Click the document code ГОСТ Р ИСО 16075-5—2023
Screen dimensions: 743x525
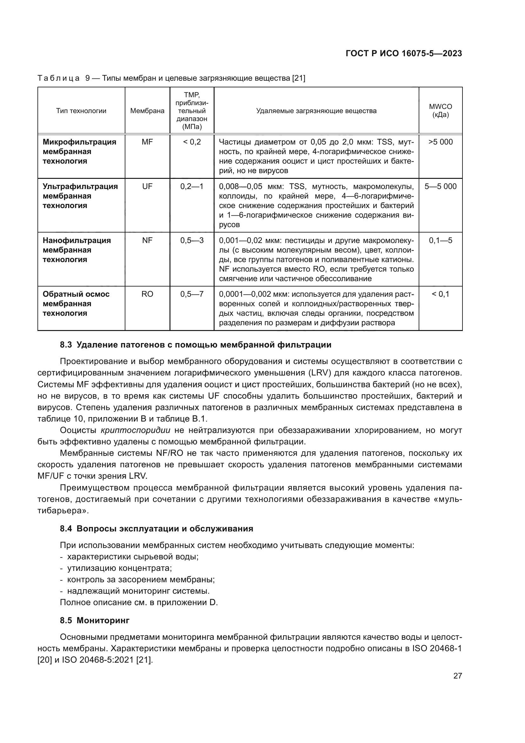[x=403, y=53]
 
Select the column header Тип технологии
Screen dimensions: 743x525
[x=81, y=111]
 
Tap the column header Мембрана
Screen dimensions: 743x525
[x=147, y=111]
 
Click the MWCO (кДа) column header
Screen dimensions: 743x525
[x=440, y=111]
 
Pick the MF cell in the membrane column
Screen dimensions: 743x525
[x=147, y=142]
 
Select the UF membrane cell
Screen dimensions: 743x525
[x=147, y=186]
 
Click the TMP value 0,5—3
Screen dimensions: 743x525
[x=192, y=240]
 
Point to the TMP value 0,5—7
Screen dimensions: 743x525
[x=192, y=294]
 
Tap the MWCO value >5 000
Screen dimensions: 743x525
[x=440, y=142]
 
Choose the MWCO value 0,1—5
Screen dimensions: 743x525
[x=440, y=240]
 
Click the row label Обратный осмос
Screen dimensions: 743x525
[x=76, y=294]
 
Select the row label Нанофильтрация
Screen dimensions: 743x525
[x=76, y=240]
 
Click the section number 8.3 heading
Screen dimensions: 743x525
[x=66, y=345]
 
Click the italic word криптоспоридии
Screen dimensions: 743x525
[x=136, y=430]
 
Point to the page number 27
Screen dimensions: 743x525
[x=457, y=676]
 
